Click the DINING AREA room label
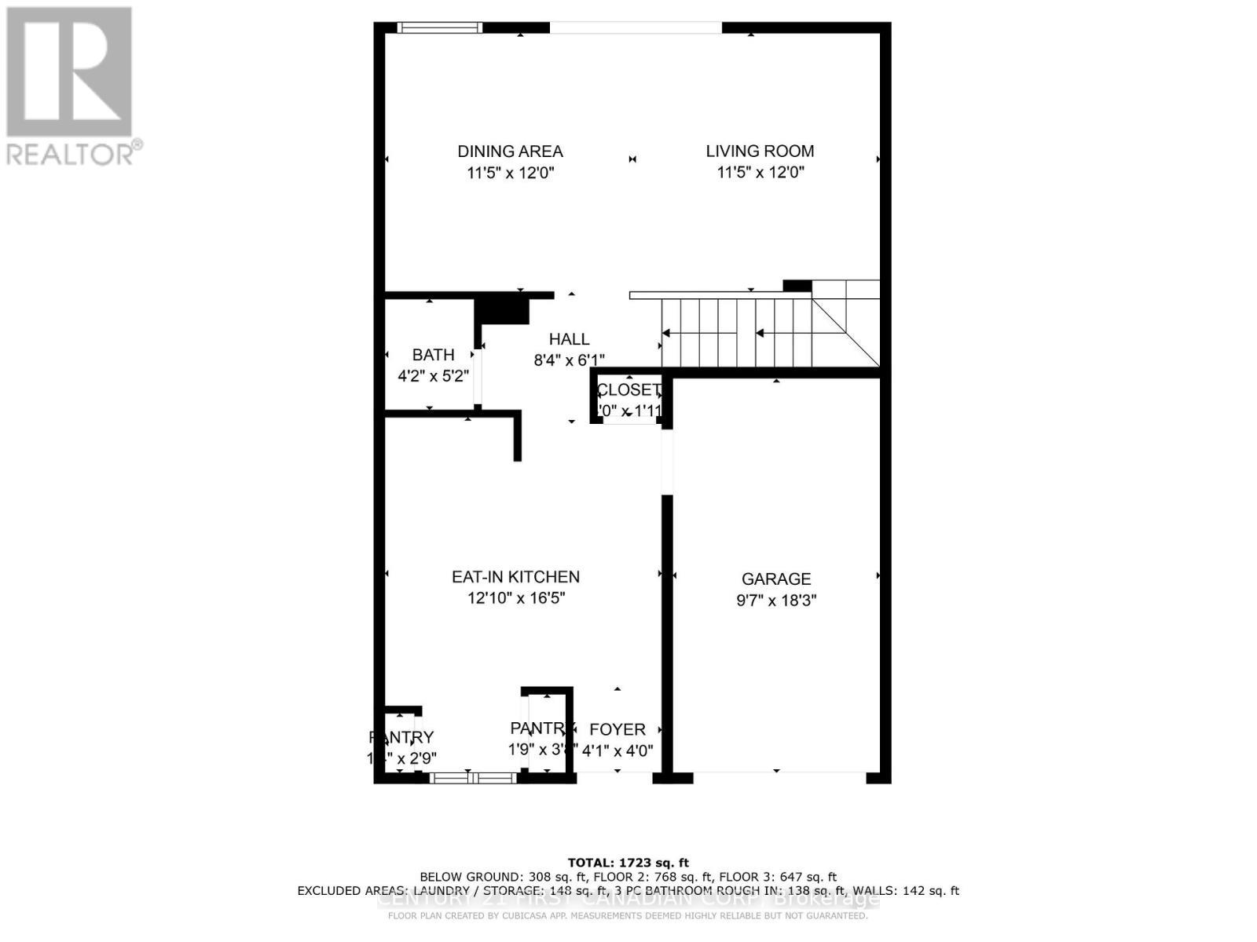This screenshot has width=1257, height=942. [x=510, y=151]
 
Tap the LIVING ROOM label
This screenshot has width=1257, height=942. [x=760, y=151]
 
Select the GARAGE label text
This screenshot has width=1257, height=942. [x=776, y=579]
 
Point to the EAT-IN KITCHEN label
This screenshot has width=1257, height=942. [x=515, y=577]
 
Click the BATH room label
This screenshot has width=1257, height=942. [x=433, y=355]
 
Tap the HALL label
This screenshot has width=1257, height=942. [x=569, y=339]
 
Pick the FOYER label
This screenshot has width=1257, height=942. [x=618, y=729]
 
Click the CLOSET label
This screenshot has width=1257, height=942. [x=628, y=390]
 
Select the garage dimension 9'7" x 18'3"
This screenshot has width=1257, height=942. [x=776, y=601]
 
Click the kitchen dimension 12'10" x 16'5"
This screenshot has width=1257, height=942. [x=516, y=598]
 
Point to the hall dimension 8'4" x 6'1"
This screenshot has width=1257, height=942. [x=569, y=360]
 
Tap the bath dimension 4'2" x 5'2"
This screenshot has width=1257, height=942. [x=433, y=376]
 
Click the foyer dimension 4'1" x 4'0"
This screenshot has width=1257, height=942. [x=618, y=750]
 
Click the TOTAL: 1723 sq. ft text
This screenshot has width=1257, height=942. [x=628, y=863]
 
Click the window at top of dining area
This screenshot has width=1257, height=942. [x=439, y=27]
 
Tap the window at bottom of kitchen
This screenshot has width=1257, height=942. [x=472, y=778]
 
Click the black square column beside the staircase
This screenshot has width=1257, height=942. [x=797, y=286]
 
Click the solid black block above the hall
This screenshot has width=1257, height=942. [x=504, y=309]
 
